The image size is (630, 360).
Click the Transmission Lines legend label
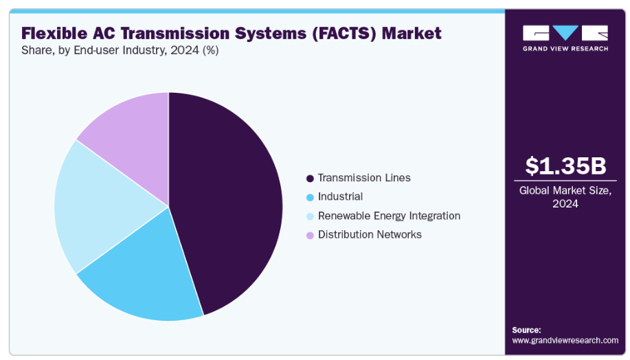click(364, 178)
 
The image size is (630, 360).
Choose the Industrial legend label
click(340, 197)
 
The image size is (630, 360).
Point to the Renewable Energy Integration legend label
click(389, 216)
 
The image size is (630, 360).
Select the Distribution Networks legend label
click(370, 235)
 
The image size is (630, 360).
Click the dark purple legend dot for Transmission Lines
click(310, 179)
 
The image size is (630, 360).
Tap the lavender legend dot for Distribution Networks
click(310, 236)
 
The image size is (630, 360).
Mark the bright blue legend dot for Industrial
click(310, 198)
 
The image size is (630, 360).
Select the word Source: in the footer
click(526, 330)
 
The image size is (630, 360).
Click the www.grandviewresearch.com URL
click(565, 341)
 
